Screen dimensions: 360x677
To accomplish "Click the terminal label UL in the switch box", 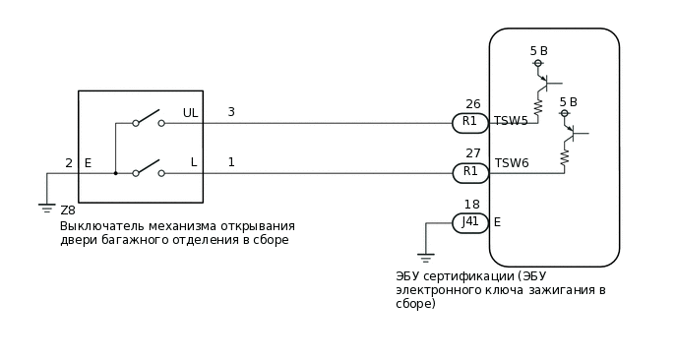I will coord(190,113).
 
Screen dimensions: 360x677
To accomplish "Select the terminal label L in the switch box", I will coord(194,162).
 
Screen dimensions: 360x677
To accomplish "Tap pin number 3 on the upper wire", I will coord(231,112).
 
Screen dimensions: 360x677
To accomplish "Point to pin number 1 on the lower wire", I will coord(231,161).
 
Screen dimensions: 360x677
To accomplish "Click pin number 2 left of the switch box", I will coord(69,163).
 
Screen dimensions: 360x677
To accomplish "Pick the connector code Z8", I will coord(68,210).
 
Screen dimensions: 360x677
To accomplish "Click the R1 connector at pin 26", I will coord(469,122).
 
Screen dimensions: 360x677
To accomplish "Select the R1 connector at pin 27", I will coord(469,172).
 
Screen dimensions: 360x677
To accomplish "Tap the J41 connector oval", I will coord(470,222).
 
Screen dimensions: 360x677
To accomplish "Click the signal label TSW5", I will coord(511,121).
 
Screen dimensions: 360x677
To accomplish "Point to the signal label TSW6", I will coord(512,163).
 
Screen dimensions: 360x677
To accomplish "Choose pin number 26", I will coord(472,104).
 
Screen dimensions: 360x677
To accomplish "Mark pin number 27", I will coord(472,153).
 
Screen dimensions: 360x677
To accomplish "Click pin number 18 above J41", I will coord(472,205).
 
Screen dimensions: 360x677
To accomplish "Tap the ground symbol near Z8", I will coord(46,207).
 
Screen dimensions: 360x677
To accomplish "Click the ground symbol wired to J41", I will coord(426,258).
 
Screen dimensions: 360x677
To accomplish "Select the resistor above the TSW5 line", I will coord(538,105).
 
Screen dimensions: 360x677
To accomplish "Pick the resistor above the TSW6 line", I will coord(566,156).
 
